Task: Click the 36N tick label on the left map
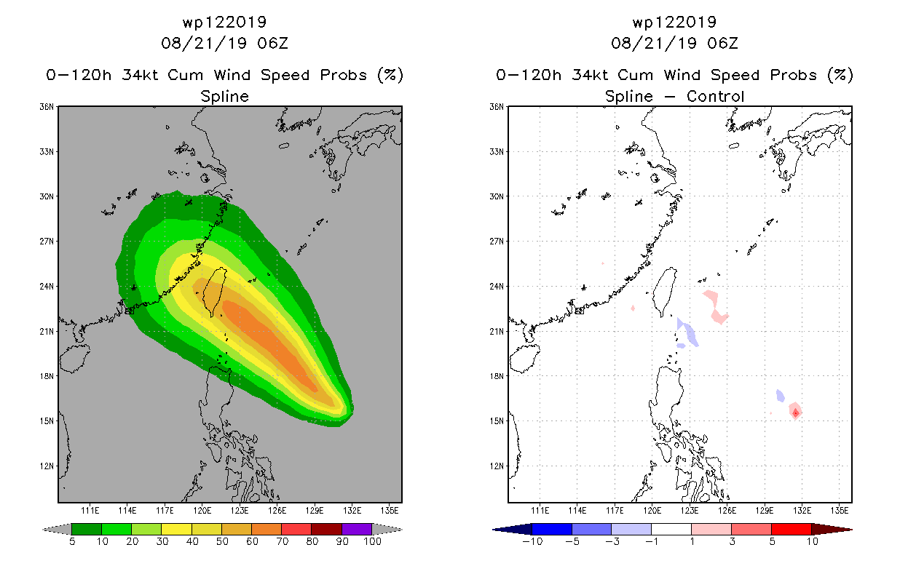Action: (46, 107)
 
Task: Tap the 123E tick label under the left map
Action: (240, 511)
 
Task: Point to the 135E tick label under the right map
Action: (840, 511)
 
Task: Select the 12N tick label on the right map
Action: (496, 466)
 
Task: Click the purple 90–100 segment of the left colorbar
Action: (357, 529)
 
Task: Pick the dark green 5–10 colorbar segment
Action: (87, 529)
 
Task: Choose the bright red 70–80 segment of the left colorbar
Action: (296, 529)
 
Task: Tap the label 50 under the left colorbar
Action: (222, 541)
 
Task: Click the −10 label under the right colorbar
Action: (532, 541)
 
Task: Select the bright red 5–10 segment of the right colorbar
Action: (792, 529)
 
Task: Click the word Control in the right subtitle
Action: (716, 96)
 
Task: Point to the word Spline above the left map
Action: (224, 97)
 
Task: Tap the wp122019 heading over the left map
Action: (224, 22)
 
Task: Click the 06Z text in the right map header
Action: (723, 43)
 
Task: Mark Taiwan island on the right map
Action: (665, 292)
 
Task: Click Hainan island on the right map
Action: (524, 359)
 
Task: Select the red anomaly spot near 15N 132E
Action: (795, 411)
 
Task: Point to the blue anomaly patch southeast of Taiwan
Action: (688, 332)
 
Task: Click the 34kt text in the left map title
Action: (141, 75)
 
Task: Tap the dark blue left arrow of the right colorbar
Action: (513, 529)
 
